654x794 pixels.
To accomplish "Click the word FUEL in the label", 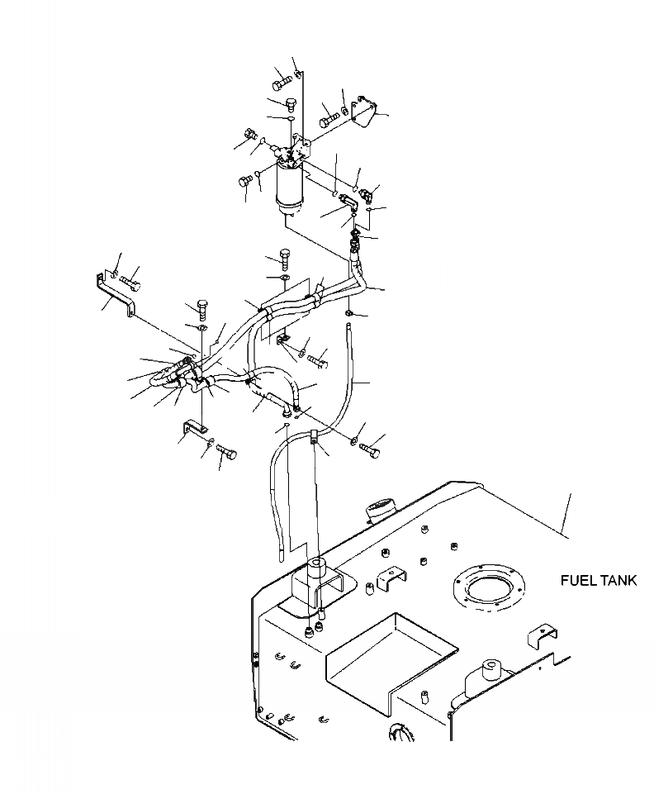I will (576, 581).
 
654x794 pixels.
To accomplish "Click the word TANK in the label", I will (617, 581).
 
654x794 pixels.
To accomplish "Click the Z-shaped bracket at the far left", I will (115, 292).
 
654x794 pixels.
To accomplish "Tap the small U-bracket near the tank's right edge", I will (541, 633).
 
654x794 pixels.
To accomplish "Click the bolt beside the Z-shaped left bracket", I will (130, 283).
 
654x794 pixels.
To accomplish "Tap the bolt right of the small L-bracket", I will (226, 452).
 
